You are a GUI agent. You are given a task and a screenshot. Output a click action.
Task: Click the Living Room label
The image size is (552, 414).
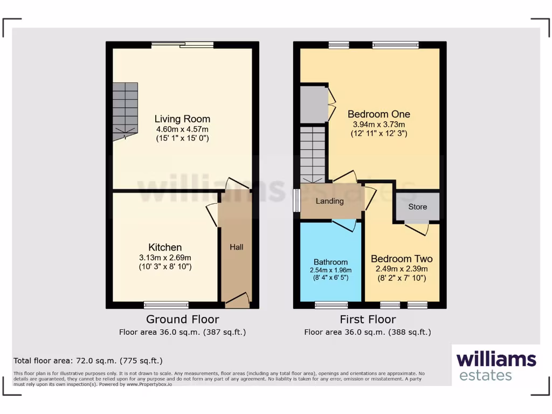point(182,119)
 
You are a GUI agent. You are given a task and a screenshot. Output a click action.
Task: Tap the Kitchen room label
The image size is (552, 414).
point(165,247)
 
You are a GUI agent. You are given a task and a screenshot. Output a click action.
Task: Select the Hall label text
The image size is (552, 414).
point(236,247)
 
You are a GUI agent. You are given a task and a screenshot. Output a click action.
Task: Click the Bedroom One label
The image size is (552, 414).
point(378,114)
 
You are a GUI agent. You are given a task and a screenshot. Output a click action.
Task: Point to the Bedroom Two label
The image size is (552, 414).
point(402,259)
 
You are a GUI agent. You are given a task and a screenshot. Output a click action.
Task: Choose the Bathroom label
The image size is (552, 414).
point(330,262)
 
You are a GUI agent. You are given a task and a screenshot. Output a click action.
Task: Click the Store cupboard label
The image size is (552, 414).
point(417,206)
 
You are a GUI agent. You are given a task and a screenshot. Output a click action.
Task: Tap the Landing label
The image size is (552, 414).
point(329,201)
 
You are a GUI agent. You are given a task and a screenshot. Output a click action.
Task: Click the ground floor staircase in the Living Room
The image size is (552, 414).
point(125,111)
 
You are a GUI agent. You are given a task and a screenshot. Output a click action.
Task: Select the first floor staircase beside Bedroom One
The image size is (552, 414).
point(313,154)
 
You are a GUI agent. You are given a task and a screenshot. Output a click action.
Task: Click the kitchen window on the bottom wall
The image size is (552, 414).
point(166,305)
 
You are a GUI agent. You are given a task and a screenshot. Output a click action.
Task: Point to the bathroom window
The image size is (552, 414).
point(331,305)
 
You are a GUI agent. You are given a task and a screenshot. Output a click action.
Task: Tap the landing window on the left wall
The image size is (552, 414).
point(296,201)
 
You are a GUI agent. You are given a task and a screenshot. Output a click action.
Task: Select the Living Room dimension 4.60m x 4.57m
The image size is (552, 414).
point(182,129)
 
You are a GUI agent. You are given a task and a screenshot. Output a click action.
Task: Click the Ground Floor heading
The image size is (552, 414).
point(182,319)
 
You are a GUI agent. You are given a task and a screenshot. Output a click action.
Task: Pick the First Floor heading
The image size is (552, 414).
point(368,319)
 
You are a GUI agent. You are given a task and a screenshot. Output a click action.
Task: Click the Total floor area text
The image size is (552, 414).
point(88,361)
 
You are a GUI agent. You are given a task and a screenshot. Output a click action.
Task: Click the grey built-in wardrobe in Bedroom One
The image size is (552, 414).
point(314,103)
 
